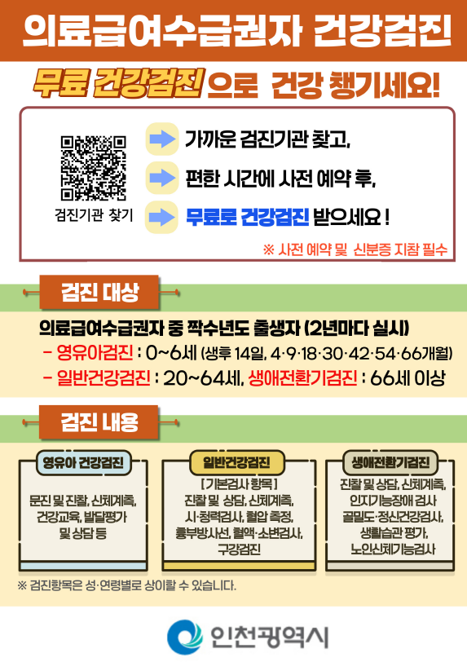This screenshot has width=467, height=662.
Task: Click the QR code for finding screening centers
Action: pyautogui.click(x=93, y=168)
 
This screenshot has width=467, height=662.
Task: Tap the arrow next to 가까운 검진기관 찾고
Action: pyautogui.click(x=162, y=139)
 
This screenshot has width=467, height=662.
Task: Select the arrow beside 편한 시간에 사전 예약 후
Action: pyautogui.click(x=162, y=178)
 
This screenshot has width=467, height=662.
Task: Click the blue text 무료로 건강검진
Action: pyautogui.click(x=248, y=218)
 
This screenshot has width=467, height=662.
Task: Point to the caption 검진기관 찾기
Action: pyautogui.click(x=94, y=215)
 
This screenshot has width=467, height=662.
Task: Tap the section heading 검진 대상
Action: pyautogui.click(x=99, y=292)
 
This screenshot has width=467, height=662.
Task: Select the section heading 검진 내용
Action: pyautogui.click(x=99, y=421)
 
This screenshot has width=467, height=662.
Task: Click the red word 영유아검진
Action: pyautogui.click(x=95, y=353)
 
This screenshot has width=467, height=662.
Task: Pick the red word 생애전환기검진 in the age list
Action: pyautogui.click(x=302, y=377)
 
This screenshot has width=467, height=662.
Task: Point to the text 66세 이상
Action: pyautogui.click(x=408, y=378)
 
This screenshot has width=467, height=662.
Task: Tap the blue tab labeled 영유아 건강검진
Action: pyautogui.click(x=83, y=462)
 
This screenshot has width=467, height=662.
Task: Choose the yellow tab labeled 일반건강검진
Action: pyautogui.click(x=236, y=462)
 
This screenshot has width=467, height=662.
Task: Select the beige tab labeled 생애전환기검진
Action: pyautogui.click(x=391, y=462)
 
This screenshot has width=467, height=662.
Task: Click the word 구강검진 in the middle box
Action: pyautogui.click(x=239, y=549)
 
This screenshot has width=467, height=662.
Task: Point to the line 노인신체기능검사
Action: pyautogui.click(x=393, y=549)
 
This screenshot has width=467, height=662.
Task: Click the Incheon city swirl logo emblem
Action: pyautogui.click(x=185, y=637)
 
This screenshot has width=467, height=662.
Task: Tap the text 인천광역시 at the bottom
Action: pyautogui.click(x=270, y=637)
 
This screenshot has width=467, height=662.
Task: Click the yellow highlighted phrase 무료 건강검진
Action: pyautogui.click(x=119, y=83)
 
